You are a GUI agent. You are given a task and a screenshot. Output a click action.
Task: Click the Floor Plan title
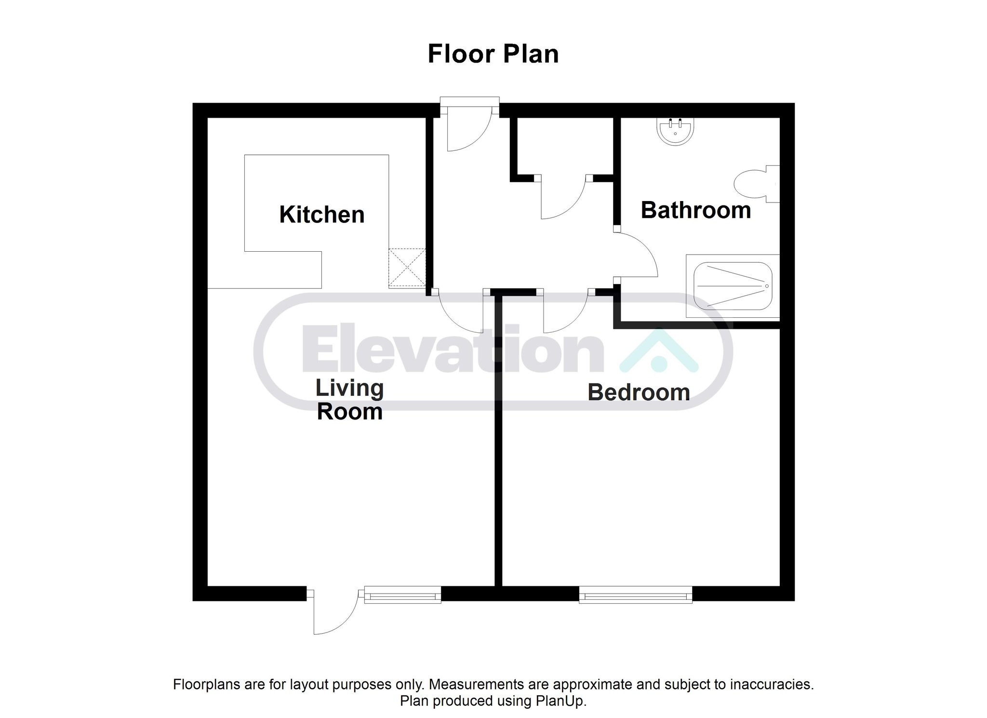tap(493, 54)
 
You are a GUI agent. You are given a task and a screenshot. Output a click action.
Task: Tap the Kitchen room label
tap(322, 215)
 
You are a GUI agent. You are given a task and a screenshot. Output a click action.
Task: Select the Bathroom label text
tap(696, 210)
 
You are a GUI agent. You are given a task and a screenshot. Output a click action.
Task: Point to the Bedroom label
tap(639, 393)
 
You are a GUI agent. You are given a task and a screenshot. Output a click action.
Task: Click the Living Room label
tap(349, 400)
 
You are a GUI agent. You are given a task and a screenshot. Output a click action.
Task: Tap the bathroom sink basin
tap(675, 131)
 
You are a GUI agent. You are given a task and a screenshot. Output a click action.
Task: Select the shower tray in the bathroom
tap(733, 286)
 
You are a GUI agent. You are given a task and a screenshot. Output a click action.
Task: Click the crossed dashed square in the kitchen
tap(407, 268)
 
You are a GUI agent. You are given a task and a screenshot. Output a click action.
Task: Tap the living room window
tap(403, 595)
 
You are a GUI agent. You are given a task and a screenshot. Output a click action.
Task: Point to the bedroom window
tap(636, 595)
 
